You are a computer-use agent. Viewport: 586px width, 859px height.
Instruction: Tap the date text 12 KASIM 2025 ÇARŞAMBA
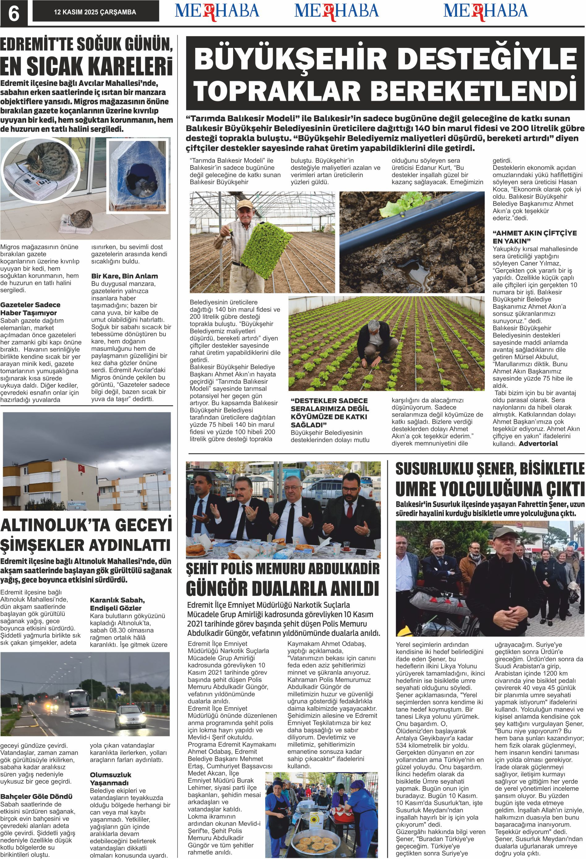[95, 12]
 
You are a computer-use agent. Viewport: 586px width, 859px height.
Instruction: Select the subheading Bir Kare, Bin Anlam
[125, 276]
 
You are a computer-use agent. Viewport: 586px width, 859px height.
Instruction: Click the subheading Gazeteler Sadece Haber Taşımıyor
[30, 308]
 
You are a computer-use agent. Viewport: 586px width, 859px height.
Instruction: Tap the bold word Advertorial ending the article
[538, 444]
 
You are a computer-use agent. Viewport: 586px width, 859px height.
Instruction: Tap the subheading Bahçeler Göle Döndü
[36, 796]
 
